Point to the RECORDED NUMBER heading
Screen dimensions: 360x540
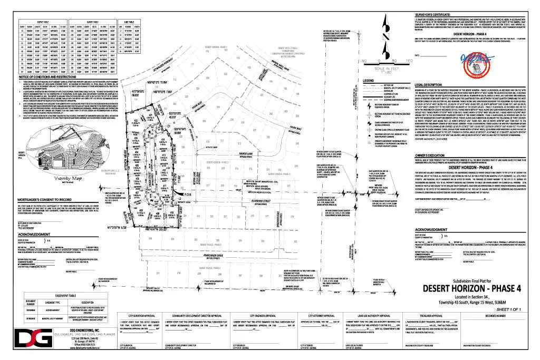click(x=494, y=317)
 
